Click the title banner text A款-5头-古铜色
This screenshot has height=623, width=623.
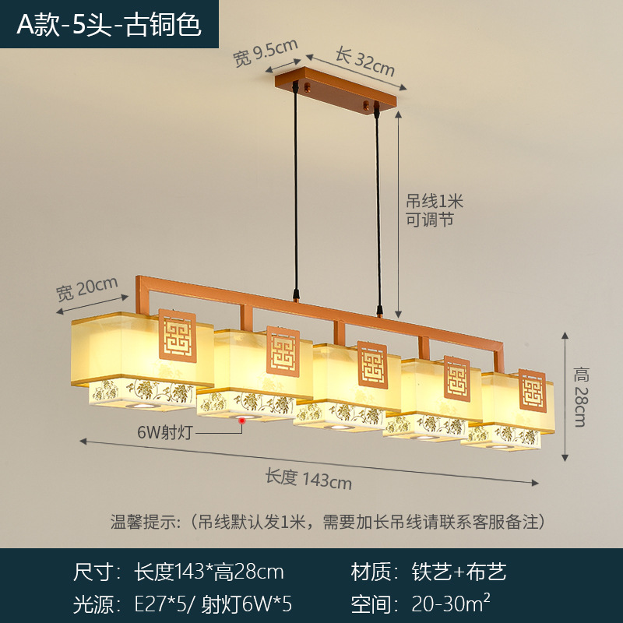click(x=109, y=25)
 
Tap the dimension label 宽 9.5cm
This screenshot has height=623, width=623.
click(x=265, y=53)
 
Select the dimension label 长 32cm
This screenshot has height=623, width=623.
click(x=365, y=62)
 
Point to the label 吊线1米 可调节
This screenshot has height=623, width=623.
click(x=435, y=210)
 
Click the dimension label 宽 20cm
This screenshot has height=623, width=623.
click(x=87, y=288)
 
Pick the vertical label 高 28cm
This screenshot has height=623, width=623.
click(x=581, y=397)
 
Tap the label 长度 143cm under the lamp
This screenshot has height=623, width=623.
click(x=308, y=478)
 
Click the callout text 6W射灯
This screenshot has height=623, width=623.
click(x=165, y=432)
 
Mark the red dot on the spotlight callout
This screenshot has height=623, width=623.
click(x=241, y=421)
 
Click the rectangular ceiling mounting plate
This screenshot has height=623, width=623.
click(x=336, y=90)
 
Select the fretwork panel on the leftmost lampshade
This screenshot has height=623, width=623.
click(x=178, y=336)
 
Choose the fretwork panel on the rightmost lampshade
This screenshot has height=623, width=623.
click(x=533, y=391)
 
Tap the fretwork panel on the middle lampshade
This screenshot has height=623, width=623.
click(x=372, y=364)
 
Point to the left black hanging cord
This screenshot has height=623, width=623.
click(x=296, y=192)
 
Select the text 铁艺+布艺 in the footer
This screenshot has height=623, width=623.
click(x=459, y=572)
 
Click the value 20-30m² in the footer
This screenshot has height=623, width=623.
click(x=451, y=603)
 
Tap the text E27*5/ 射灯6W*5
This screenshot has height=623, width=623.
click(x=213, y=604)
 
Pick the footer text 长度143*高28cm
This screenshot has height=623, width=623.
click(x=209, y=572)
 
